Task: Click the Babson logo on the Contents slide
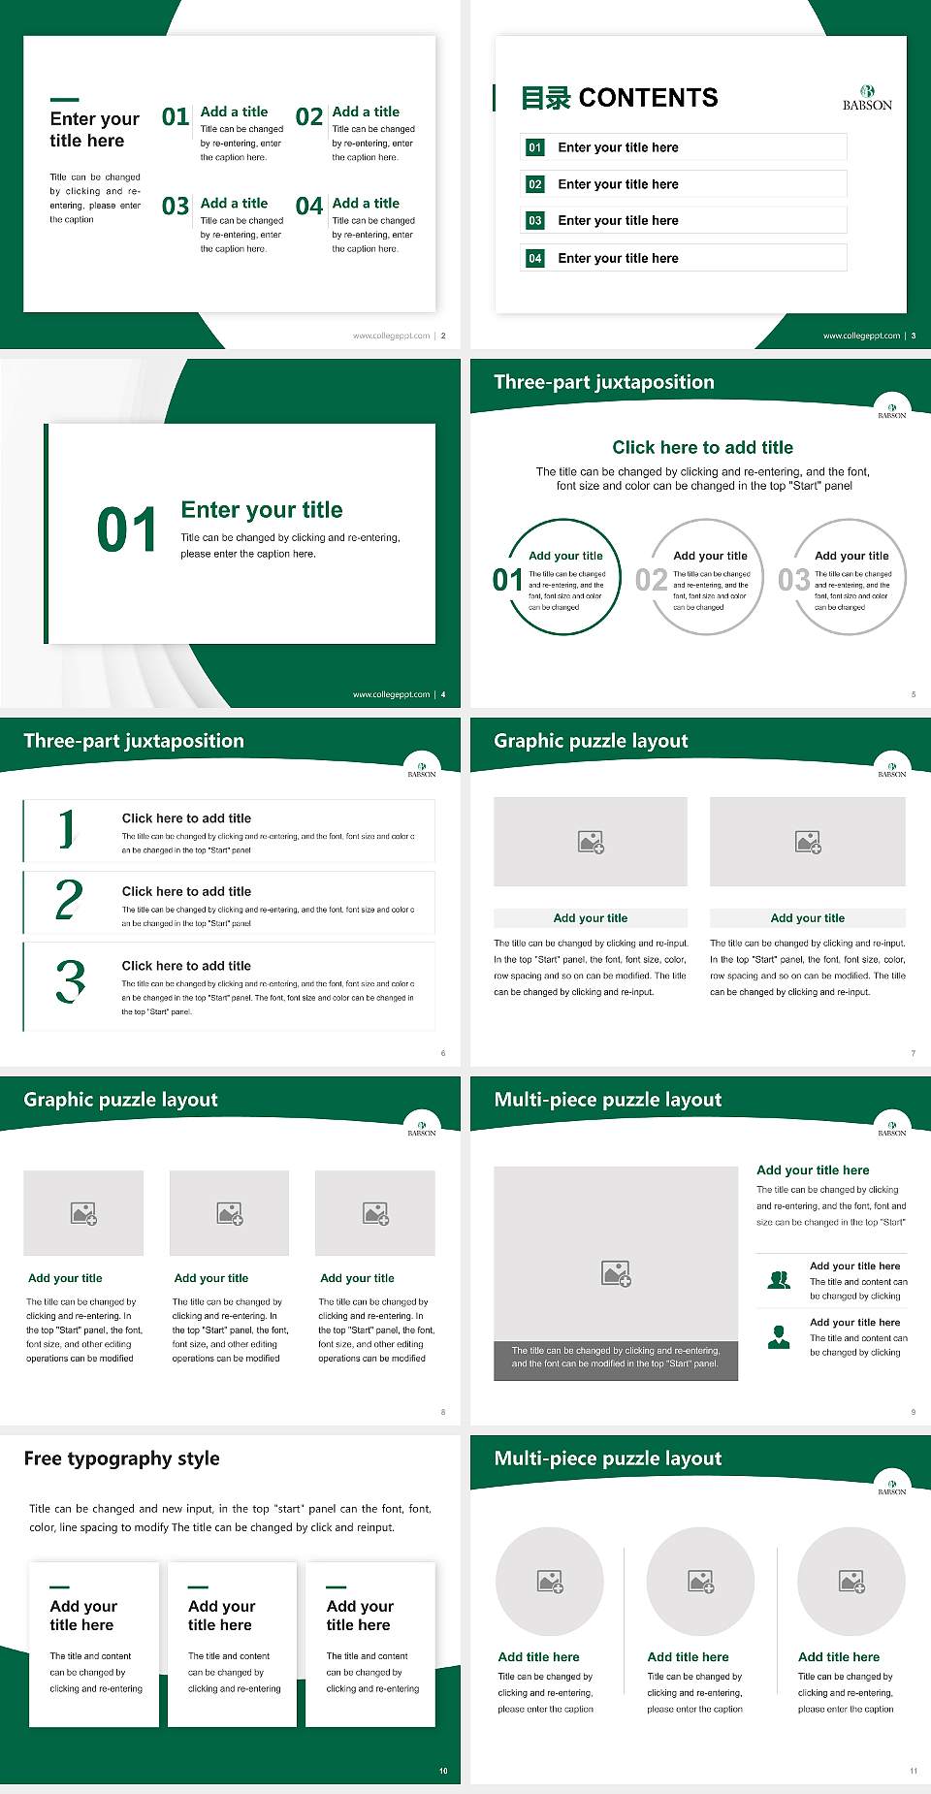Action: click(867, 98)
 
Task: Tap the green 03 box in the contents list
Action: click(535, 221)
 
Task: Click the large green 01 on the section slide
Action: click(126, 530)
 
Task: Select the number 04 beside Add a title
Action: click(309, 207)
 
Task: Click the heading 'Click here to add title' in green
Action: click(702, 447)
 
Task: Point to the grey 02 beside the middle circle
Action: click(651, 580)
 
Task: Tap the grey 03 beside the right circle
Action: click(793, 580)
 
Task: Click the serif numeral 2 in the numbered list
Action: click(69, 900)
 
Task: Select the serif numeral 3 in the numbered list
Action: click(70, 981)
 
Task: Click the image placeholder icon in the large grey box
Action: click(616, 1273)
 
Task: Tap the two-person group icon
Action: click(779, 1280)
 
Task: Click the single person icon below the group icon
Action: click(779, 1337)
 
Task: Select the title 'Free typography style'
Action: click(121, 1458)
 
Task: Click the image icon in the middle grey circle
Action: click(701, 1582)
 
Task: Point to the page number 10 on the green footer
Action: click(443, 1771)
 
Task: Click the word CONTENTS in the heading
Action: click(648, 98)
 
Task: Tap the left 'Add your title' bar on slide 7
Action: click(590, 917)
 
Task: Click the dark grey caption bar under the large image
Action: click(616, 1357)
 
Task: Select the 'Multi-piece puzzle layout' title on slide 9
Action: click(607, 1100)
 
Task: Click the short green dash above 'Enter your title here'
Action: click(64, 99)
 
